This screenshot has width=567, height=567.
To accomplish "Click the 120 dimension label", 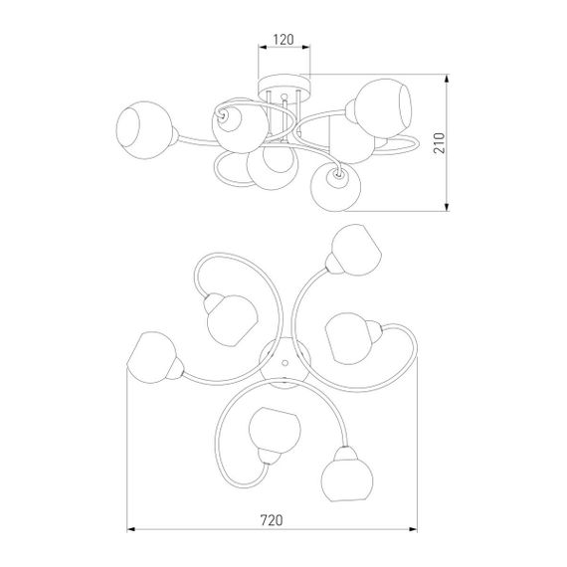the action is coord(283,40).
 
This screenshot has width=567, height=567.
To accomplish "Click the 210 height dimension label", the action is coord(439,143).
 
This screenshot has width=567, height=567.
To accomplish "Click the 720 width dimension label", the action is coord(272,520).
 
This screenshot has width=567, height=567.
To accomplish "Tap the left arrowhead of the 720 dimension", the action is coord(131,529).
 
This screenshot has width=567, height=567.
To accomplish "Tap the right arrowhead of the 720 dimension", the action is coord(413,529).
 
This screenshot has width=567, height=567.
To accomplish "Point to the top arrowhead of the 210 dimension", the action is coord(447,79).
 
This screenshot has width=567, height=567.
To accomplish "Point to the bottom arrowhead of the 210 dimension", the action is coord(447,207).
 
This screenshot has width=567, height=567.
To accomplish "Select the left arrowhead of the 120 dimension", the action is coord(263,47).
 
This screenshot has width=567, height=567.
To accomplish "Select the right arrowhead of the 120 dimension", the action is coord(306,47).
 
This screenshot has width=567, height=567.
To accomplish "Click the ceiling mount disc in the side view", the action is coord(284,84).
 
